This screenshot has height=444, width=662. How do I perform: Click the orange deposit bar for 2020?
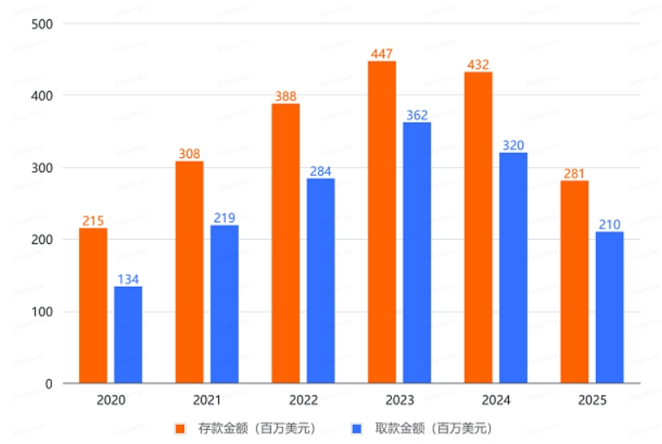tap(93, 305)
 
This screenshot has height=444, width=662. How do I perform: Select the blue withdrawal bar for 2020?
tap(128, 335)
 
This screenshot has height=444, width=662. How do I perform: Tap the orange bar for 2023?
tap(381, 222)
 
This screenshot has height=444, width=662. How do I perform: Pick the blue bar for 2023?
tap(416, 252)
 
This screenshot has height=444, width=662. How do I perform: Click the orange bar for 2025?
tap(574, 282)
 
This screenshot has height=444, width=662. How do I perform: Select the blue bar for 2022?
tap(321, 280)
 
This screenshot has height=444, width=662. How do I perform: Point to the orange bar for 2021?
tap(189, 271)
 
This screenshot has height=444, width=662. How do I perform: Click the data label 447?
tap(382, 53)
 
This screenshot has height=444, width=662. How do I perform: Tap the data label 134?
tap(128, 278)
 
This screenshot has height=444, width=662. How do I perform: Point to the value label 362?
tap(417, 115)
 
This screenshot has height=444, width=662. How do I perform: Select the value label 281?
tap(574, 172)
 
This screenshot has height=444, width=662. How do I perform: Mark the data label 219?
tap(224, 217)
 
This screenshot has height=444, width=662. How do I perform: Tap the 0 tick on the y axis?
tap(49, 383)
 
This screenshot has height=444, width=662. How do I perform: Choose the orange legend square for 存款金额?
tap(180, 428)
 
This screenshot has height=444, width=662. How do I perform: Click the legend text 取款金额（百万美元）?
tap(431, 428)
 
